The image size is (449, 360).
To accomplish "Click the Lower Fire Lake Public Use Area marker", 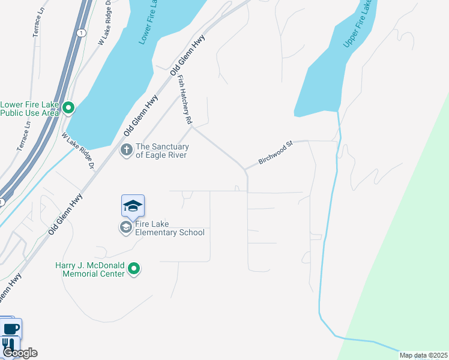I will tap(68, 108).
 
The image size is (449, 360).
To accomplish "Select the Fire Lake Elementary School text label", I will tap(170, 228).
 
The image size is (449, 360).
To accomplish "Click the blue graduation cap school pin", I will tap(133, 207).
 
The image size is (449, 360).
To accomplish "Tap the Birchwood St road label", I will tap(275, 153).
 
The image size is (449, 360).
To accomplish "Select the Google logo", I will tap(19, 353).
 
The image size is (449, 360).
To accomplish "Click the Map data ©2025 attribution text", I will tap(423, 355).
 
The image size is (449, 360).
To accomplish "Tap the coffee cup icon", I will tap(11, 329).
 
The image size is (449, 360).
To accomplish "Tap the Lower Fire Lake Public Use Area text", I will tap(30, 108).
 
